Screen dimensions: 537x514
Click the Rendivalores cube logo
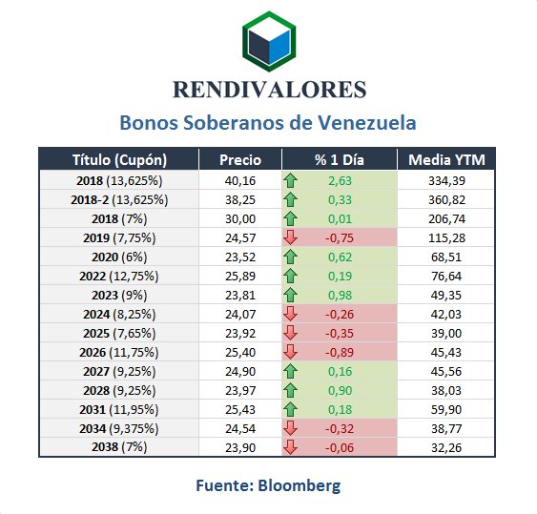[269, 41]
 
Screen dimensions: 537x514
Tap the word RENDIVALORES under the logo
[270, 90]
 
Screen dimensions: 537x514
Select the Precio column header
[240, 160]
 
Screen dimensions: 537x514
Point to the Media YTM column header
[446, 160]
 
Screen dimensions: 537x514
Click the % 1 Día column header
[339, 160]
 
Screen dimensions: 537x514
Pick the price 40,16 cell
[240, 180]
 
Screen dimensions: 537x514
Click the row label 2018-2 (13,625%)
[119, 199]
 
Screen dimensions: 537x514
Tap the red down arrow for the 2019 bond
[290, 237]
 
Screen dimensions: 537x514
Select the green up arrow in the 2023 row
[290, 295]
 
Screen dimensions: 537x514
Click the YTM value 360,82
[446, 199]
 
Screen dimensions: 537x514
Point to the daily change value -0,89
[339, 353]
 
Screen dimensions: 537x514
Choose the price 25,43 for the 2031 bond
[240, 409]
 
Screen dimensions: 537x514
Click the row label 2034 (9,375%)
[119, 429]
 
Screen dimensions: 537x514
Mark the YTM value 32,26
[446, 447]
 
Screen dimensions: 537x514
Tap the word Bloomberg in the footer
[299, 485]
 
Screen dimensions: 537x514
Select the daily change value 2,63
[340, 180]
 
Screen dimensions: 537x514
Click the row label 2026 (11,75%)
[119, 353]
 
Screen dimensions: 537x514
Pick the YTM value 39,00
[446, 333]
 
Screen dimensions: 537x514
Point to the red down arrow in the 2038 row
[290, 447]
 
